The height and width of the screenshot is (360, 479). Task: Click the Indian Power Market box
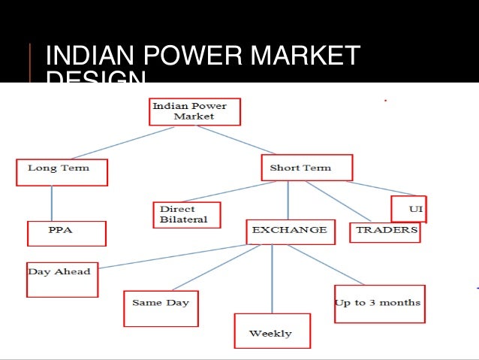click(x=194, y=111)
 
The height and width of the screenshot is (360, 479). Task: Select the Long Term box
click(x=62, y=172)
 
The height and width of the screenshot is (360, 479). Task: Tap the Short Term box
click(x=306, y=168)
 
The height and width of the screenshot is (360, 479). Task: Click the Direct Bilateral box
click(x=187, y=215)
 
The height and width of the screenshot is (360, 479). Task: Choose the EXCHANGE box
click(x=289, y=231)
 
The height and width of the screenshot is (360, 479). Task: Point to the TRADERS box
click(x=385, y=231)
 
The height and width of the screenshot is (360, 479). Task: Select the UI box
click(x=409, y=208)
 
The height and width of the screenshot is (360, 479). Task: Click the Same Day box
click(x=161, y=307)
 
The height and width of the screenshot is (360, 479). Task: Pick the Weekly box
click(x=270, y=331)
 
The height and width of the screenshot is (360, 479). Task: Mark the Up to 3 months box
click(x=379, y=304)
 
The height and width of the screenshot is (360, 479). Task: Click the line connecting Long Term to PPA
click(x=52, y=203)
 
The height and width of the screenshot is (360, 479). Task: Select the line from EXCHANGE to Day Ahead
click(x=173, y=256)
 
